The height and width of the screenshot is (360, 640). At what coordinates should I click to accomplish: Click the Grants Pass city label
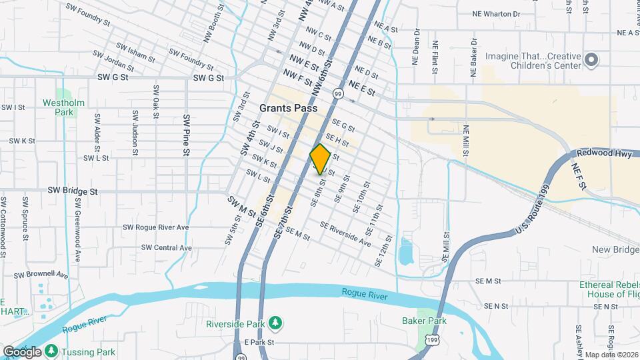point(287,108)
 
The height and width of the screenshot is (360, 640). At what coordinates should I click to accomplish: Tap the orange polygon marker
point(320,159)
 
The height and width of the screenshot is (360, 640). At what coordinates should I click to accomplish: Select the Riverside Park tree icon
point(275,323)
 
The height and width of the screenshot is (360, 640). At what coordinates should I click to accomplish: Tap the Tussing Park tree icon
point(52,351)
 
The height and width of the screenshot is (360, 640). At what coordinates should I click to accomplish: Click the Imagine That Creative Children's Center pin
point(591,61)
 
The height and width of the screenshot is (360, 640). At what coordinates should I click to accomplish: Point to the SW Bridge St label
point(73,191)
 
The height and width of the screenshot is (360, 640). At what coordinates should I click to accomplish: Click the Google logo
point(22,351)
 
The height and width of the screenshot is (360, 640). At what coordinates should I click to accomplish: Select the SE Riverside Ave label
point(345,233)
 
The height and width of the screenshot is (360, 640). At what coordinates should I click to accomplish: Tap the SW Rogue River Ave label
point(156,227)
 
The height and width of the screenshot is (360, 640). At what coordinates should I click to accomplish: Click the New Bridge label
point(615,249)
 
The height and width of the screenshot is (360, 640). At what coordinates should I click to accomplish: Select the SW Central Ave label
point(167,247)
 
